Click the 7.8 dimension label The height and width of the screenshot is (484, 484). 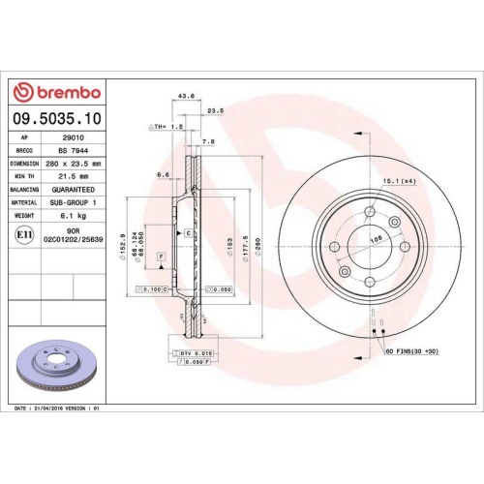pyautogui.click(x=208, y=141)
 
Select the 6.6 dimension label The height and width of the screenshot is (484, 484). pyautogui.click(x=164, y=175)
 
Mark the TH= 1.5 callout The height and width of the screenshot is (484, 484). pyautogui.click(x=166, y=127)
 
